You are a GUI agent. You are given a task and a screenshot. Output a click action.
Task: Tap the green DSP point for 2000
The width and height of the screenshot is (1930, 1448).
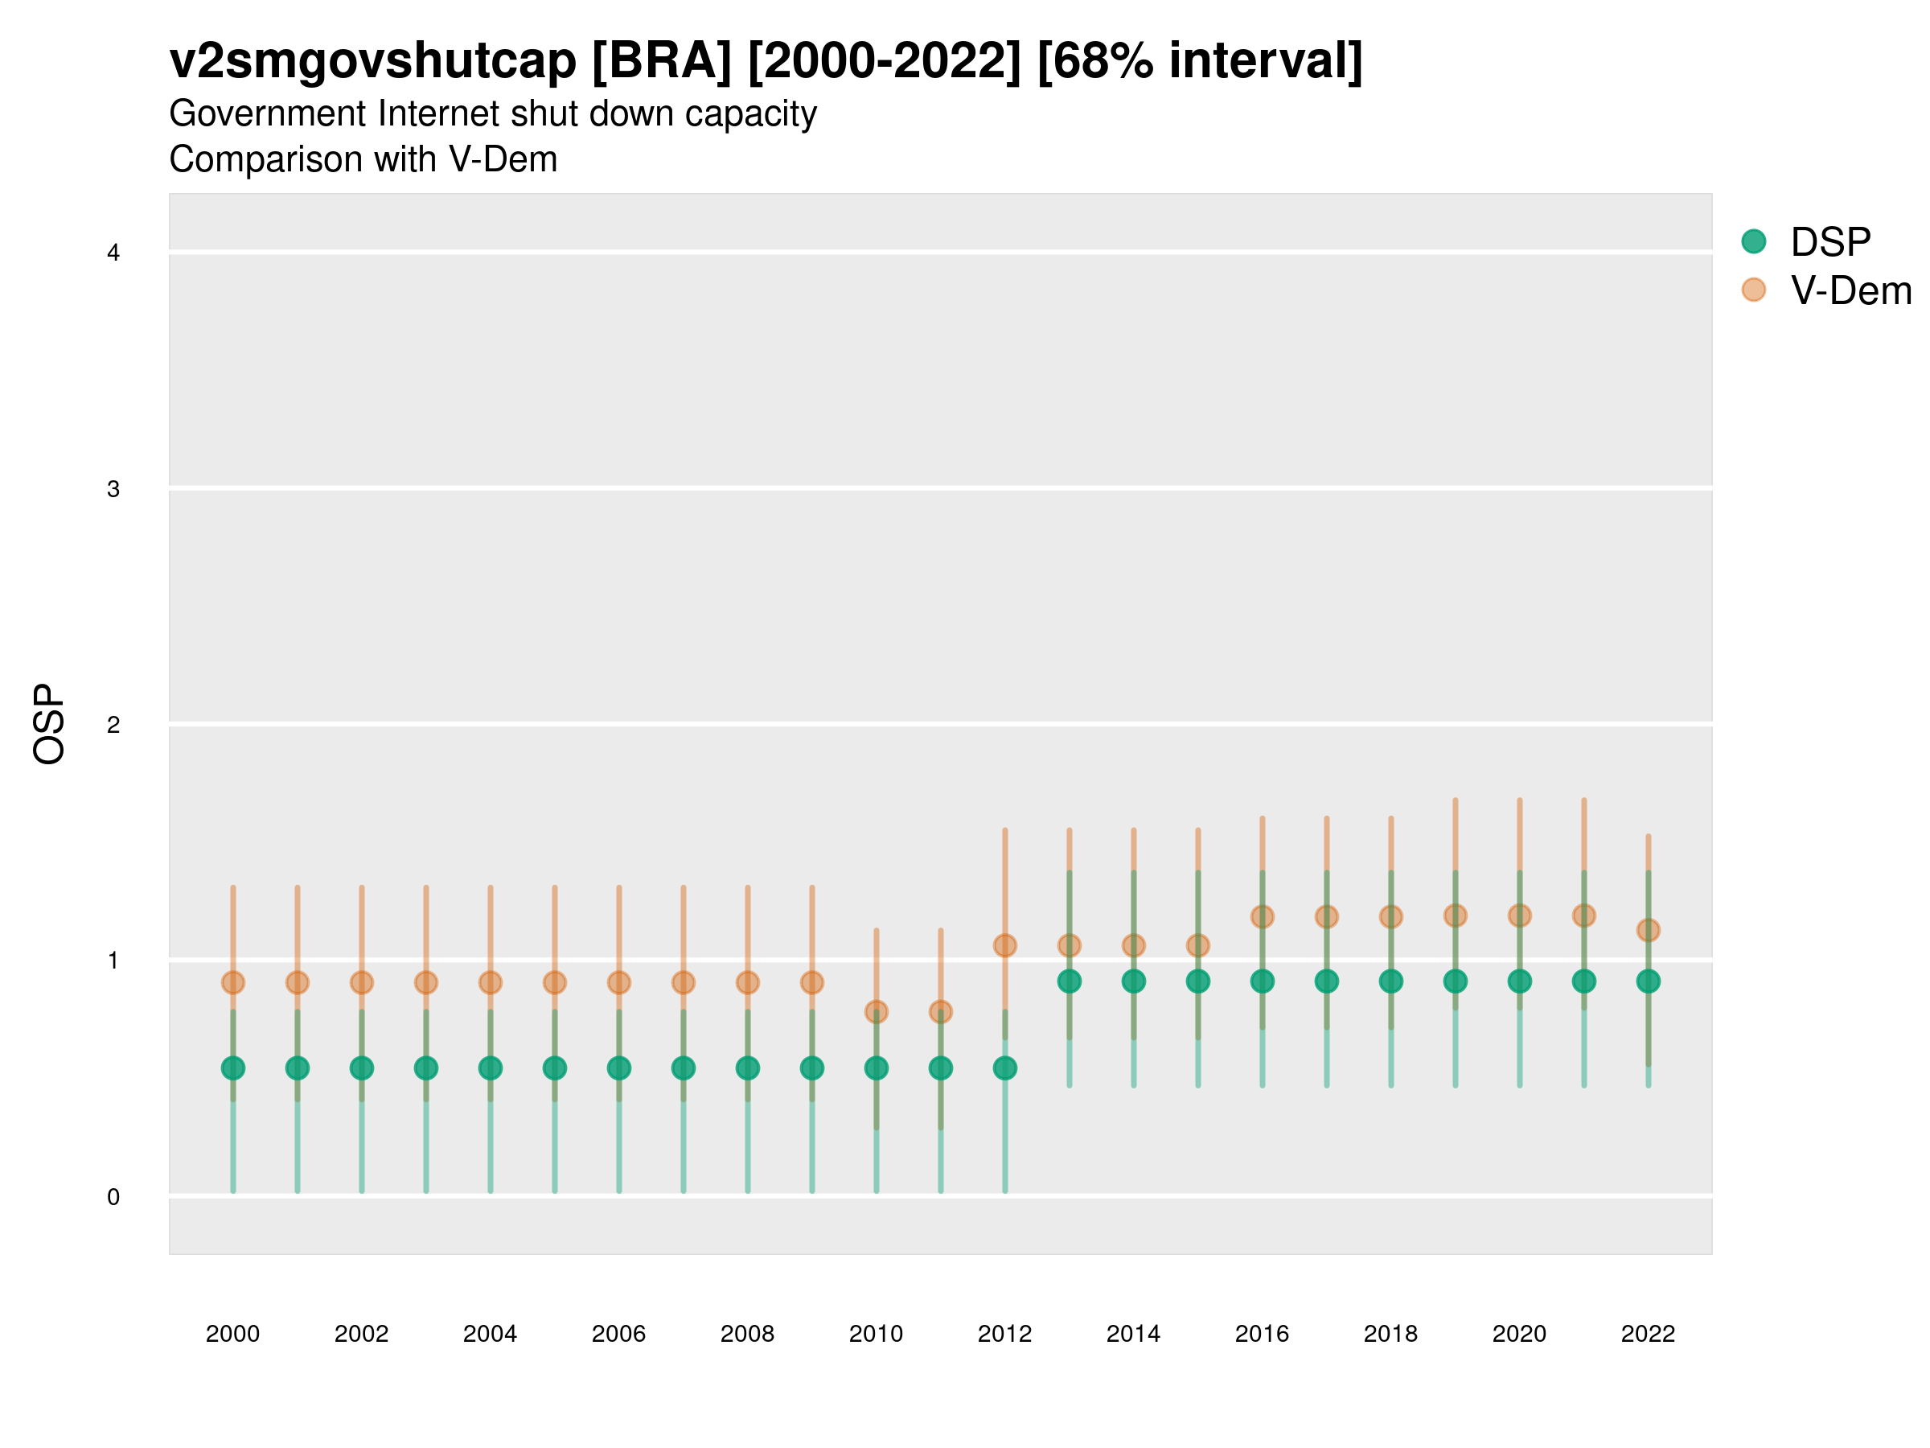(x=233, y=1067)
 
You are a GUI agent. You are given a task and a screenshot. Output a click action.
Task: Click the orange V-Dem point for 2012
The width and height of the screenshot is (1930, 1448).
(x=1005, y=945)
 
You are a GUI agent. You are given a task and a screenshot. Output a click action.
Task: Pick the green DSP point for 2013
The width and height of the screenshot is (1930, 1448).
(x=1069, y=981)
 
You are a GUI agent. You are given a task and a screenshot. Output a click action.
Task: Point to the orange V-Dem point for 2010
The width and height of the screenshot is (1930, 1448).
(x=876, y=1012)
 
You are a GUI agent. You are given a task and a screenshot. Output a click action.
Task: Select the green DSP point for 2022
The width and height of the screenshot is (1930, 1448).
(x=1649, y=981)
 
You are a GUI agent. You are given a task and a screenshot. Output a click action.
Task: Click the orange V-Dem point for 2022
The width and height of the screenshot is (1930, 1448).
(x=1649, y=931)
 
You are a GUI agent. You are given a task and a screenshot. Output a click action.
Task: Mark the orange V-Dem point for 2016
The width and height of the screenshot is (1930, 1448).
(x=1263, y=916)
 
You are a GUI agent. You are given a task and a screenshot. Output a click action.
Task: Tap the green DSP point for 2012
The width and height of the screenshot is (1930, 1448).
(x=1005, y=1067)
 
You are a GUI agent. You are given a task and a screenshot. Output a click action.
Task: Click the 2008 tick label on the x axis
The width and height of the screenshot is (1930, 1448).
(x=748, y=1334)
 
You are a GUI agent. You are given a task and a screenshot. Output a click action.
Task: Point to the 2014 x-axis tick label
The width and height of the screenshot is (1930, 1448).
(x=1133, y=1334)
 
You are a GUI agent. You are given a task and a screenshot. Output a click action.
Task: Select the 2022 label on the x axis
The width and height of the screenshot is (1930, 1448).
(x=1649, y=1334)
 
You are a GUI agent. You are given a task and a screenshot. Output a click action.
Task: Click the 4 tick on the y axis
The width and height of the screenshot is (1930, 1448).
(x=113, y=253)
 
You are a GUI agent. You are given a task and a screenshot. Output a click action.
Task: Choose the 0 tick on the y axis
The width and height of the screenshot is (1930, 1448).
(x=113, y=1197)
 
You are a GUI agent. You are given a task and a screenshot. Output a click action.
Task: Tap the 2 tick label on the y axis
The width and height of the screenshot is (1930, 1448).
(x=113, y=725)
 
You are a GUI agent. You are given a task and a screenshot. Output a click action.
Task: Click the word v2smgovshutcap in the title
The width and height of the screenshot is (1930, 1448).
(x=372, y=61)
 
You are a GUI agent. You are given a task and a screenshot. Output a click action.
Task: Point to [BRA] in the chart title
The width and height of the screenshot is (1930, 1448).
(x=661, y=61)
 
